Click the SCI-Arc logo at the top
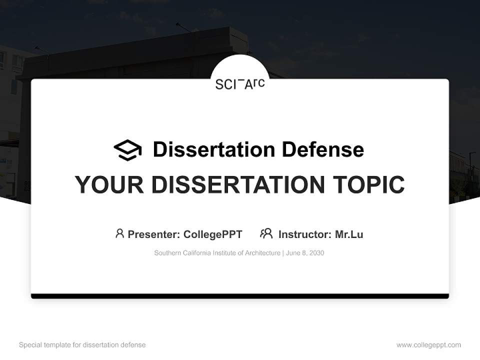click(x=240, y=83)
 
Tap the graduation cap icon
click(x=127, y=150)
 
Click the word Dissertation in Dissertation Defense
click(x=214, y=149)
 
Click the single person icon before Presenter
click(x=119, y=233)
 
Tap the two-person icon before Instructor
click(x=266, y=233)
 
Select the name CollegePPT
click(x=212, y=234)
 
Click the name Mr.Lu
click(x=349, y=234)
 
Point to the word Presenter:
click(x=154, y=234)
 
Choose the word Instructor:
click(x=304, y=234)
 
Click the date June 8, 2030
click(x=305, y=253)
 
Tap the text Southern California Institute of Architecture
click(x=217, y=253)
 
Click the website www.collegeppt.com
click(x=428, y=345)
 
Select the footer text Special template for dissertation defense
click(x=82, y=345)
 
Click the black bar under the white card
click(x=240, y=296)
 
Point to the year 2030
click(x=316, y=253)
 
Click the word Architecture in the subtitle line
click(x=262, y=253)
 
